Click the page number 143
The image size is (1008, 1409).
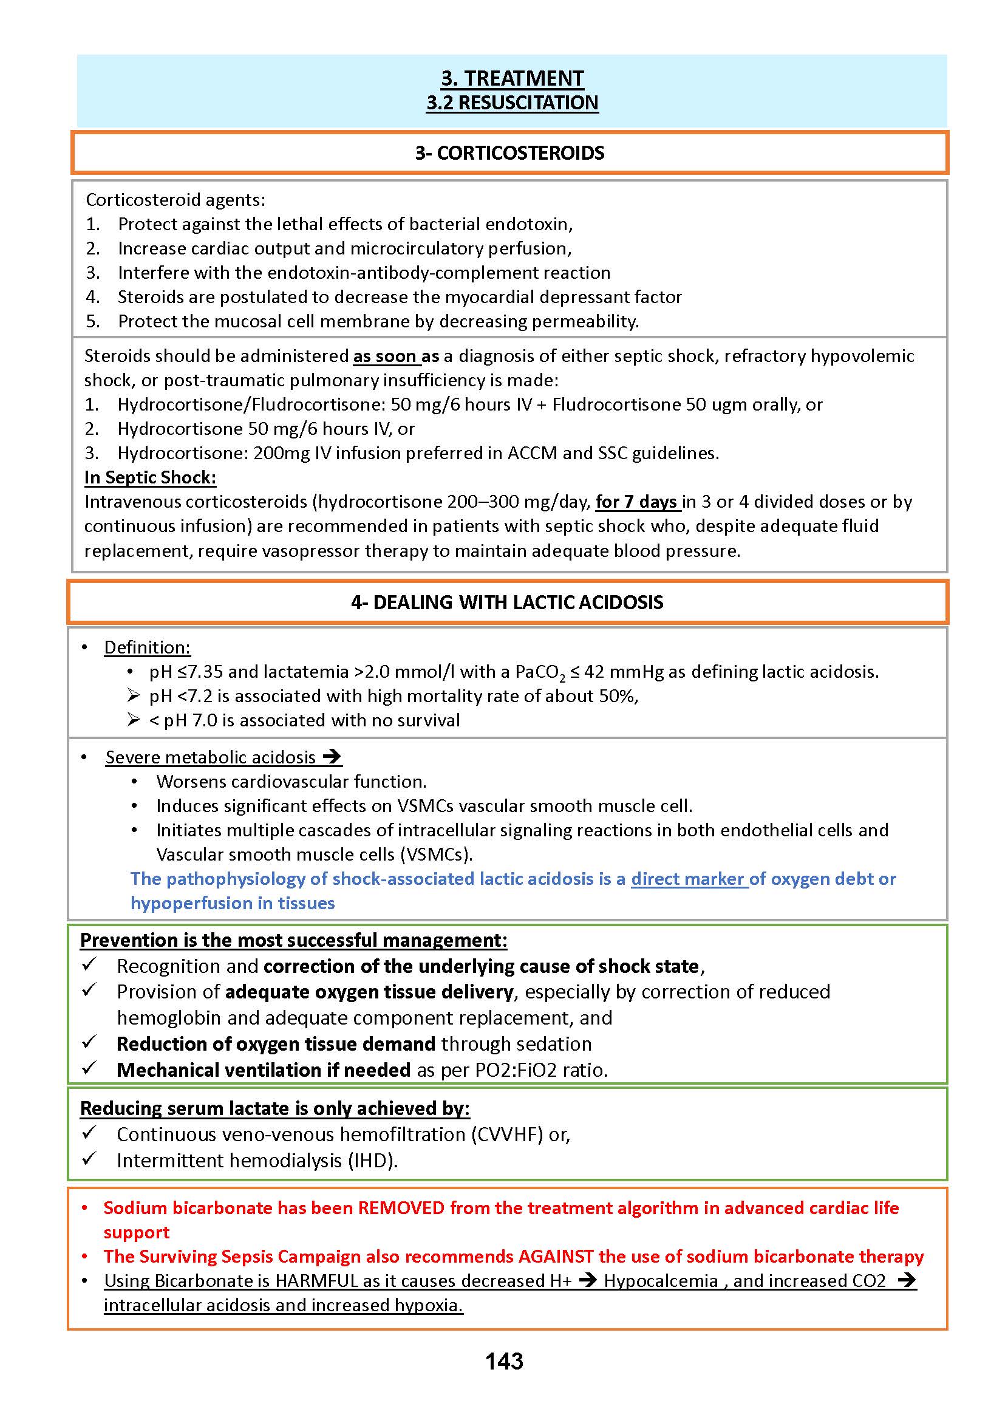(504, 1361)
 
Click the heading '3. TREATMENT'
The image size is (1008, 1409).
(512, 78)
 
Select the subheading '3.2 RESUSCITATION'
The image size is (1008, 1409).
(512, 103)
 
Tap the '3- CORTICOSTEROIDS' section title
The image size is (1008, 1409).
(509, 152)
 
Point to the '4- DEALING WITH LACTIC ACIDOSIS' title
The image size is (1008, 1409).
(507, 602)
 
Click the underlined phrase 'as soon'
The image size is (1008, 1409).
(384, 356)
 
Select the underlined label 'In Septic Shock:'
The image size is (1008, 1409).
(150, 477)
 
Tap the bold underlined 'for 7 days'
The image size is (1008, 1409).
(636, 502)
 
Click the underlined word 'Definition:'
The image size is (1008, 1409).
(147, 647)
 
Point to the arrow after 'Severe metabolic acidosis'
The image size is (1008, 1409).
(332, 757)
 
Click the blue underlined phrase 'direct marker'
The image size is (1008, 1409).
(688, 879)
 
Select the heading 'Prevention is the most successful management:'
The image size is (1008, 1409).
(293, 940)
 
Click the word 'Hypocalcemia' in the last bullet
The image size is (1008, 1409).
(661, 1280)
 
